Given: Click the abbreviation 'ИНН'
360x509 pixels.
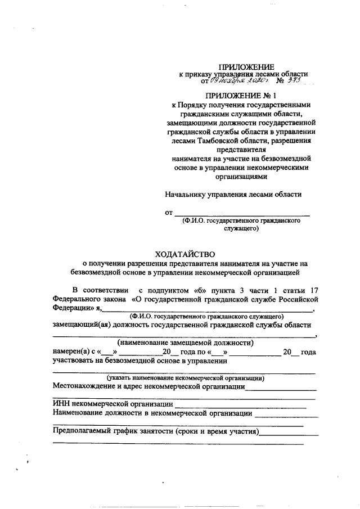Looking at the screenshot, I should click(61, 404).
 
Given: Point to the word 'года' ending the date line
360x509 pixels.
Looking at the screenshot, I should click(308, 352).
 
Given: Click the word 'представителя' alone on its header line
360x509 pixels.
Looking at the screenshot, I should click(241, 150).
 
